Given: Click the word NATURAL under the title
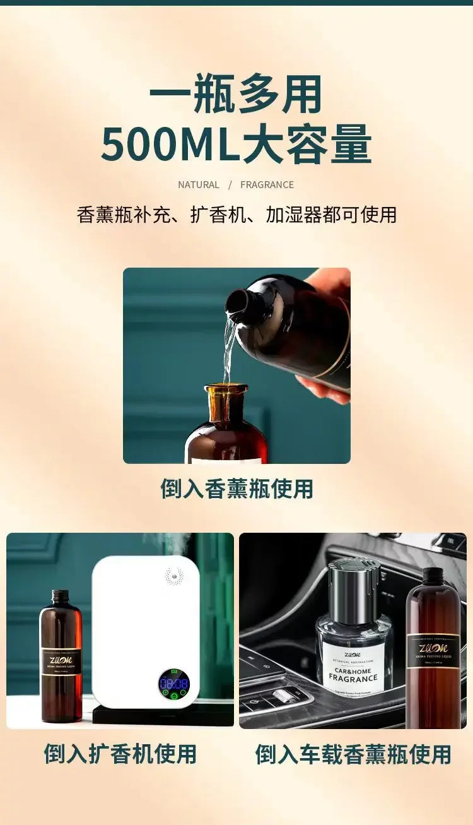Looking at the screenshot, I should point(199,185).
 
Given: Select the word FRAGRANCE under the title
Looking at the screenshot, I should point(267,185).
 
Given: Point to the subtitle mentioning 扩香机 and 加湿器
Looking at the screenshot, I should point(237,215).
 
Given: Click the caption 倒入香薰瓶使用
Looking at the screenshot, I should point(237,489).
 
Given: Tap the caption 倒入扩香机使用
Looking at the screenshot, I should point(120,754).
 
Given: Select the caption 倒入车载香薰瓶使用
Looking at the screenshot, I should point(353,754).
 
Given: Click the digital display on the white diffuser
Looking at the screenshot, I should point(173,684).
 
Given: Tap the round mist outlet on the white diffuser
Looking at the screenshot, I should point(174,576).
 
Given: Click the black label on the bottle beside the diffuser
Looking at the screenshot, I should point(61,663).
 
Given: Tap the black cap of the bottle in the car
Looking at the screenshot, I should point(433,576).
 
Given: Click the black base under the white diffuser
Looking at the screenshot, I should point(161,715).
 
